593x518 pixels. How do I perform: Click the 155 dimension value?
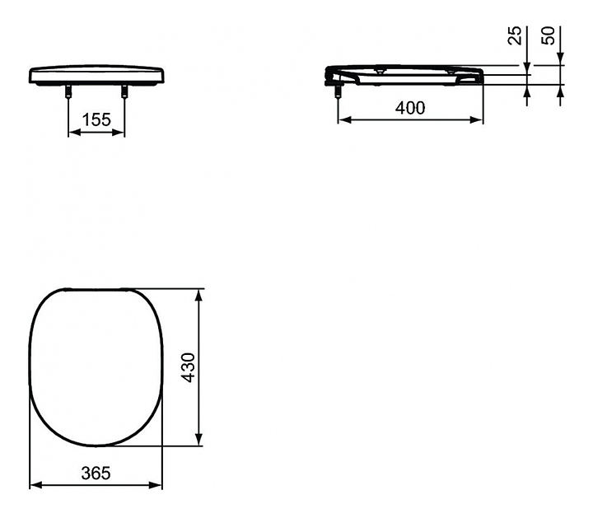[96, 119]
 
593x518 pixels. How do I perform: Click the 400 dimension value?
[410, 108]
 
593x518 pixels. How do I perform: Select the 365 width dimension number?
[96, 473]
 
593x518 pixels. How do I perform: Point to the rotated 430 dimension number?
[189, 367]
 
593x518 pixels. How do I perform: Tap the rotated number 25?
[514, 35]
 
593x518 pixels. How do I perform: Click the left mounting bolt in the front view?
[68, 91]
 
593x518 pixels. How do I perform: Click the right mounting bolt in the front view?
[124, 91]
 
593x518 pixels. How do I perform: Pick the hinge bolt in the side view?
[339, 91]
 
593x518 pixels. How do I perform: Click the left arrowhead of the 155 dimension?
[73, 133]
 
